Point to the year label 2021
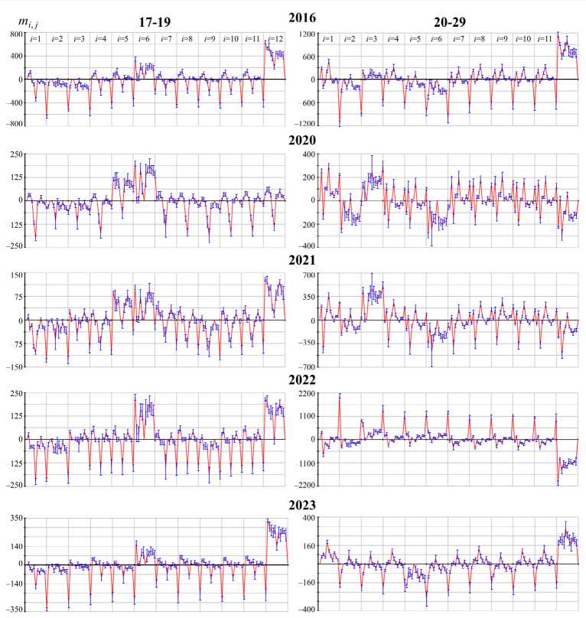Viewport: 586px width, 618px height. coord(301,260)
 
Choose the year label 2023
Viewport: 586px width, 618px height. coord(301,505)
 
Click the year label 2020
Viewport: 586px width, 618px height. coord(301,140)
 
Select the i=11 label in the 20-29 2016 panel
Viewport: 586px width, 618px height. coord(545,38)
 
